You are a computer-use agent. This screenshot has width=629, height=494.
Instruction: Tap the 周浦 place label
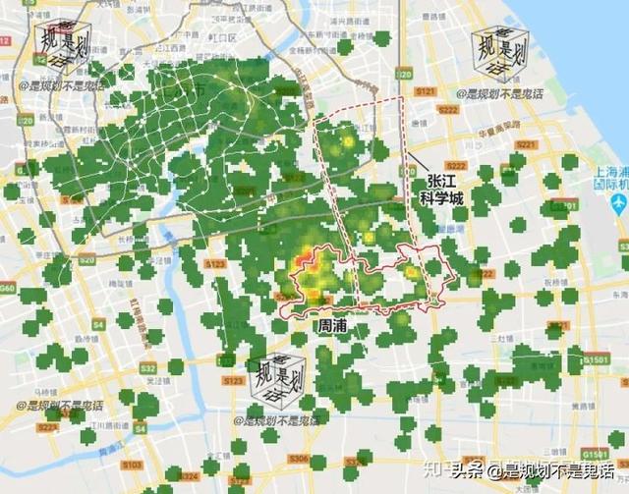330,323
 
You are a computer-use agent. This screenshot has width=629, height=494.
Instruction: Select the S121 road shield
424,90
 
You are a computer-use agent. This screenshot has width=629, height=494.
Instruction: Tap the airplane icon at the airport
618,201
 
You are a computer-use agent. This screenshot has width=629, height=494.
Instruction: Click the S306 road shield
299,458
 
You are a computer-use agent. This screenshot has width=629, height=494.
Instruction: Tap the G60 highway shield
8,289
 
